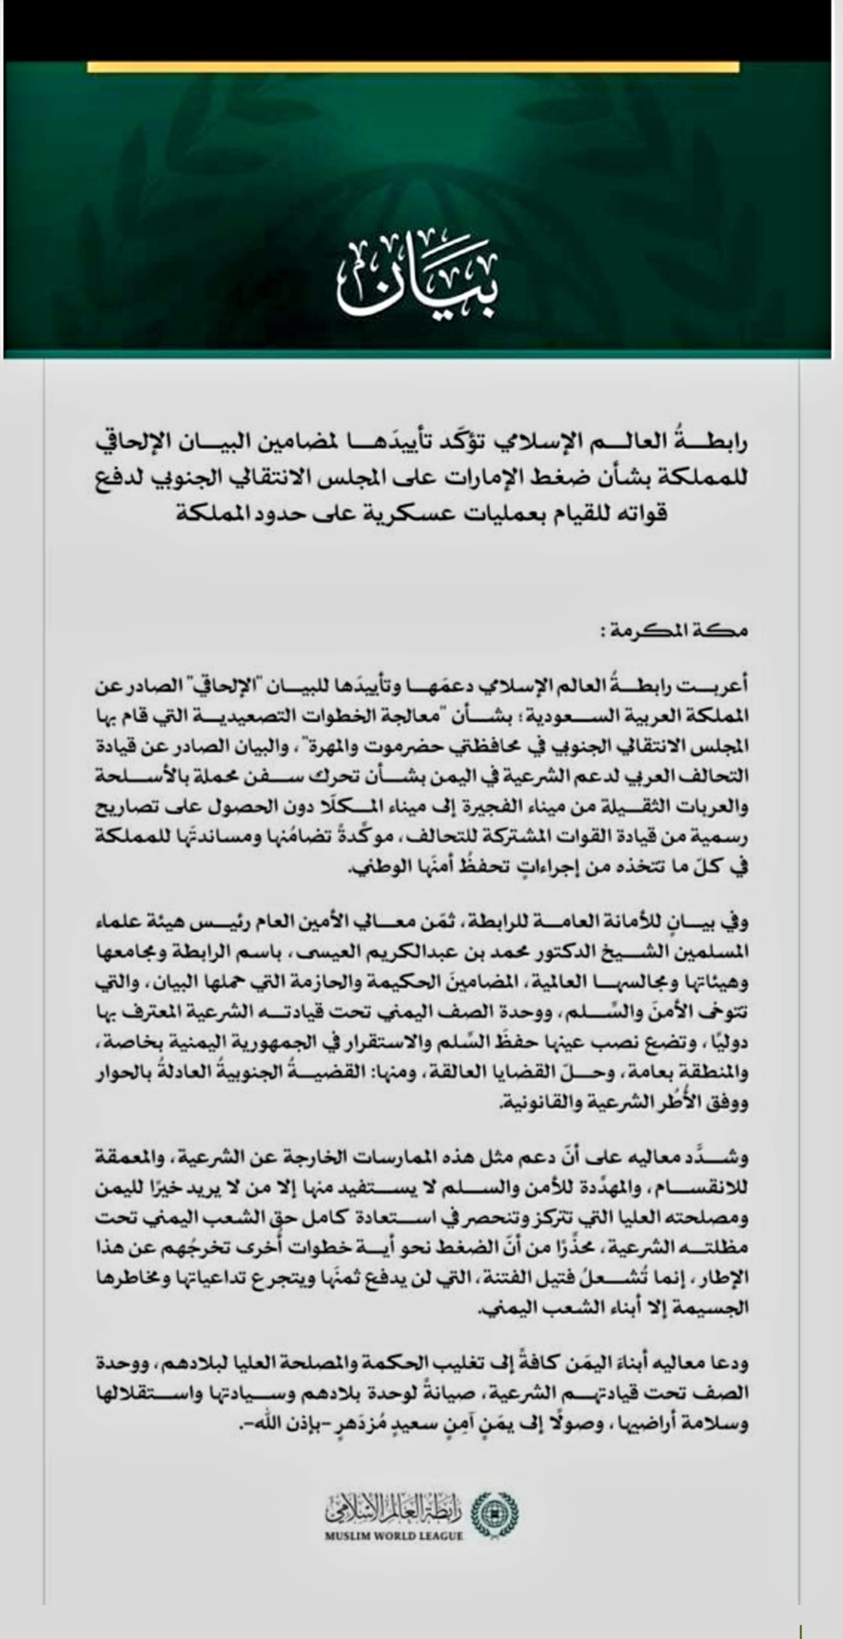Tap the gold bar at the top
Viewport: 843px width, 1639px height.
pos(413,67)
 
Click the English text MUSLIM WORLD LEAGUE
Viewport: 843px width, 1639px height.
pos(393,1535)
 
